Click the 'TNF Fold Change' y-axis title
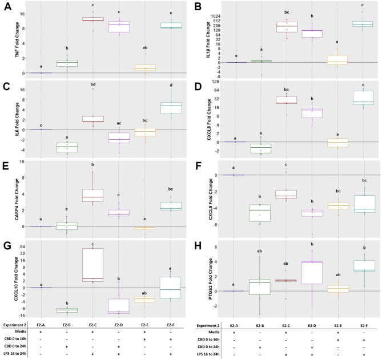pos(7,41)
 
